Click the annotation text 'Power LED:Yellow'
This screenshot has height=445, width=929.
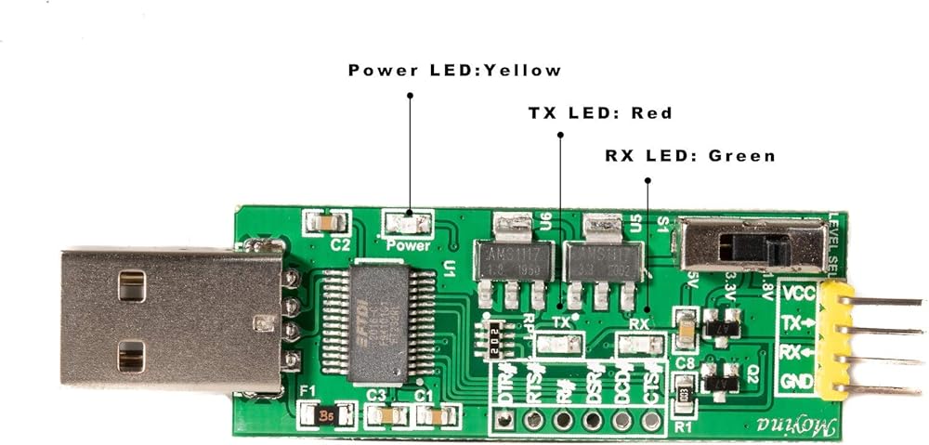pos(454,71)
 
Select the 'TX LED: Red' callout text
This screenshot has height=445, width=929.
pos(600,113)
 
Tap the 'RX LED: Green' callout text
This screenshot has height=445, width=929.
pos(689,156)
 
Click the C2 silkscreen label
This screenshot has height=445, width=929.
pos(340,245)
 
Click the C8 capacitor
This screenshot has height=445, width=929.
pos(685,326)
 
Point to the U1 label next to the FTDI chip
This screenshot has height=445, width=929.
pos(450,270)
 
